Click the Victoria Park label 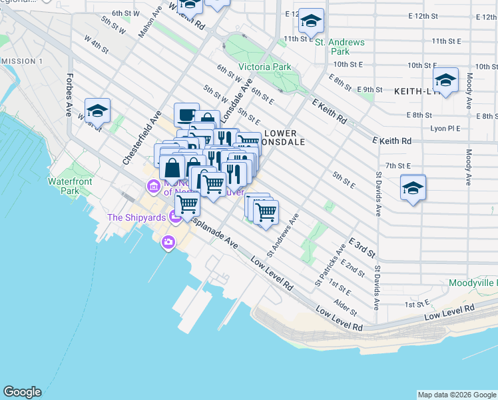(x=264, y=67)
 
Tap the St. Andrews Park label (x=340, y=47)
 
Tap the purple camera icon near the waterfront (x=168, y=243)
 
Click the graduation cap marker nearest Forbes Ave (x=97, y=111)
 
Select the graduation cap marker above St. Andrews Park (x=311, y=21)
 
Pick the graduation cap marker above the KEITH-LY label (x=445, y=81)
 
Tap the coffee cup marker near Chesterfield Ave (x=186, y=115)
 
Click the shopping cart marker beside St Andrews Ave (x=266, y=213)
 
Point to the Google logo (x=22, y=392)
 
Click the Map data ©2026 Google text (x=457, y=395)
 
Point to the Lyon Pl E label (x=445, y=128)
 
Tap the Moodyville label (x=472, y=283)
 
